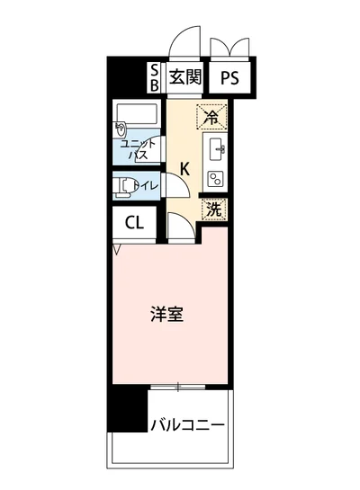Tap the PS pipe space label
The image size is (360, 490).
click(230, 77)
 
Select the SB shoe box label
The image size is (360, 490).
click(154, 77)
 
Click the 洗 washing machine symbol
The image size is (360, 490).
click(212, 208)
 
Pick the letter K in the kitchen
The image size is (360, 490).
click(184, 168)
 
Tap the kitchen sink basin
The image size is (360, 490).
click(216, 147)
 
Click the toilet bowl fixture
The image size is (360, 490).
click(124, 187)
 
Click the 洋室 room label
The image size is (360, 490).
click(166, 315)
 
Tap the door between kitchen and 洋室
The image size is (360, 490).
click(178, 228)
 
